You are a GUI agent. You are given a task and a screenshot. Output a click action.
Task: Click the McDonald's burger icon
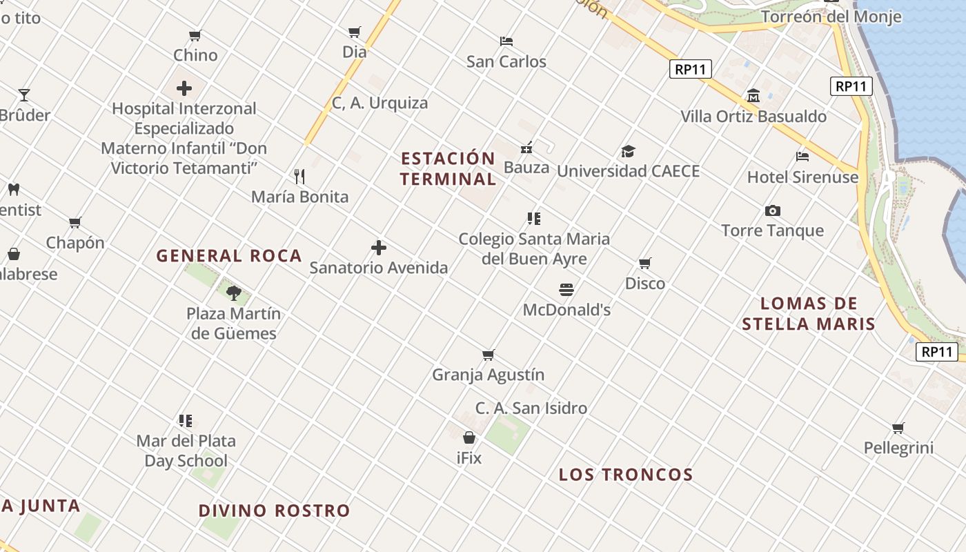click(566, 289)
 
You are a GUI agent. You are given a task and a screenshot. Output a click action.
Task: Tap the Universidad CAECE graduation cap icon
click(628, 152)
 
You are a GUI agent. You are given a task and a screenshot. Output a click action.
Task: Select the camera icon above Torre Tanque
click(773, 210)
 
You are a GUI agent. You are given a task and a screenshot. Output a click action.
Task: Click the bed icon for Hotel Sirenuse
click(802, 157)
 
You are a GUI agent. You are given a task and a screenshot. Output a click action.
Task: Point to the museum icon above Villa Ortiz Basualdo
click(753, 96)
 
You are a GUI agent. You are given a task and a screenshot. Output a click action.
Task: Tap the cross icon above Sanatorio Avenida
click(379, 248)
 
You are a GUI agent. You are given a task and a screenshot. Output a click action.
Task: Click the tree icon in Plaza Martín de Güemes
click(234, 293)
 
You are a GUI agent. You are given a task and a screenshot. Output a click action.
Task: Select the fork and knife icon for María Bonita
click(299, 177)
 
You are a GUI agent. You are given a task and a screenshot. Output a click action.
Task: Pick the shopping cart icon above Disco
click(645, 264)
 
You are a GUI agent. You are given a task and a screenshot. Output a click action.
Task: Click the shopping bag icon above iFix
click(469, 437)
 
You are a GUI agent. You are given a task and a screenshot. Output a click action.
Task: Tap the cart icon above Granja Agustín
click(489, 355)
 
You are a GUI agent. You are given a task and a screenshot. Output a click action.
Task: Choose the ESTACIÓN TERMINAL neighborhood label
click(448, 169)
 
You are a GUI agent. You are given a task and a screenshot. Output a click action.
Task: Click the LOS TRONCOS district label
click(626, 475)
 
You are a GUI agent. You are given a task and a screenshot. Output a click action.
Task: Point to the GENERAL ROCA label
click(229, 256)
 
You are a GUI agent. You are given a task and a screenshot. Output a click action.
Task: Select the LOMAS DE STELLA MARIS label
click(809, 314)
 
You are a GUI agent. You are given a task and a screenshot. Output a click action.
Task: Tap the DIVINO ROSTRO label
click(275, 511)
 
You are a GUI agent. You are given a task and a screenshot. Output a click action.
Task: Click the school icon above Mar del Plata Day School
click(186, 420)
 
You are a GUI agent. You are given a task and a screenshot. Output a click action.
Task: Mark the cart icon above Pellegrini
click(898, 428)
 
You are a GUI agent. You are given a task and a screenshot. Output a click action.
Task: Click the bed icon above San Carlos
click(506, 41)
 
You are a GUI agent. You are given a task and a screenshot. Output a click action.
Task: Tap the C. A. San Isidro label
click(531, 408)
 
